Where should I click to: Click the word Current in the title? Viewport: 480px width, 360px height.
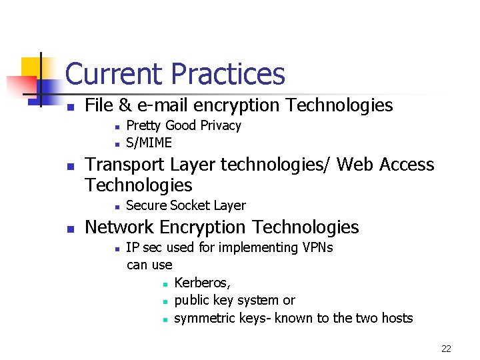115,74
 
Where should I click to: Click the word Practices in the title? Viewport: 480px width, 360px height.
228,74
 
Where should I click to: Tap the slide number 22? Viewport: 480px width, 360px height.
447,349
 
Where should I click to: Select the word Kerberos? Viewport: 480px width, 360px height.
202,283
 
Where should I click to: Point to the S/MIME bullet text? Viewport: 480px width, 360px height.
149,143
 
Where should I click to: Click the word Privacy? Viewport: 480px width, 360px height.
221,125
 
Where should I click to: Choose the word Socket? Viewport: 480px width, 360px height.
192,205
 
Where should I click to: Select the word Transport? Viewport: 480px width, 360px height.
125,165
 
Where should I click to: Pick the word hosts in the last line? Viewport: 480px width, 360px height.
396,318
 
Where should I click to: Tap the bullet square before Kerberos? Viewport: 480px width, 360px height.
163,284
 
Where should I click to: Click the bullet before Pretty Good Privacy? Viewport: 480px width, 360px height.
116,126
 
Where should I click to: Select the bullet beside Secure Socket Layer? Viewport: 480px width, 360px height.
116,207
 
